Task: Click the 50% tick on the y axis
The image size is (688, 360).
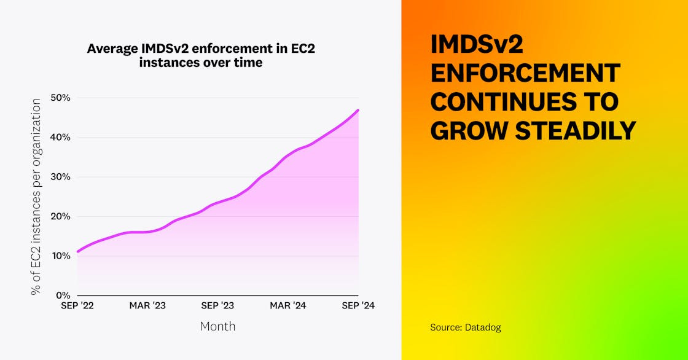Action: (x=60, y=98)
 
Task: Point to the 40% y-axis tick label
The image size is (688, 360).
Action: (x=60, y=137)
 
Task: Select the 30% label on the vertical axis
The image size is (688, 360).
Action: (x=60, y=177)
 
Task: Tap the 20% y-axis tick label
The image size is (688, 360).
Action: (x=60, y=216)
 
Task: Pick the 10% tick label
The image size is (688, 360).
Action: (x=60, y=256)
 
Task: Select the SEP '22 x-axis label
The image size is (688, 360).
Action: (x=77, y=306)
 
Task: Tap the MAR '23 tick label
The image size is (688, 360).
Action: (x=147, y=306)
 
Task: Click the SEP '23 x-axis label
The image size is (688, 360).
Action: (x=217, y=306)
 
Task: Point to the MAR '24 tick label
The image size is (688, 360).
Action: (x=288, y=306)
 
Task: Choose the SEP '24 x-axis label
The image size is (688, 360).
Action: (x=358, y=306)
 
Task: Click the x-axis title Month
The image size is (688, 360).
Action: (x=217, y=326)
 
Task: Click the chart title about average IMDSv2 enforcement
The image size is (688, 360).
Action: (x=201, y=55)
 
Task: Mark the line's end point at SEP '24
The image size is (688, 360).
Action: (x=359, y=110)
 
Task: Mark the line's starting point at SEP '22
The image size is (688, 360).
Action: (x=77, y=252)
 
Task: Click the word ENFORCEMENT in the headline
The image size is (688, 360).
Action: (x=525, y=73)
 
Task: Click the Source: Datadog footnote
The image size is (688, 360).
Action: (x=465, y=327)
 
